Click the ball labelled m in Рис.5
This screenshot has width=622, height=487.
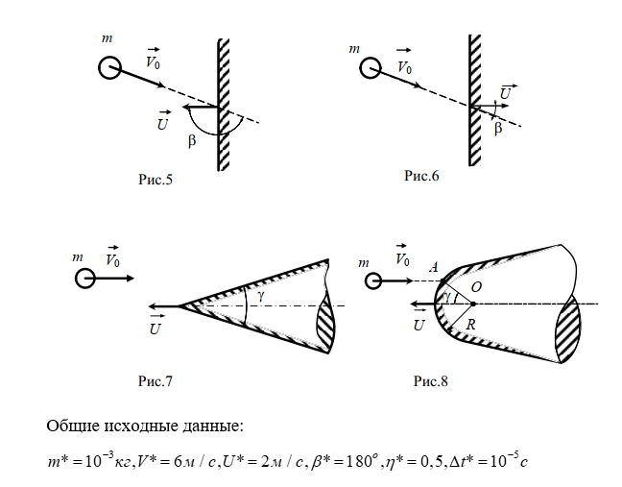108,68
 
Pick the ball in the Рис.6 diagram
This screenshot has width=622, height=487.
371,67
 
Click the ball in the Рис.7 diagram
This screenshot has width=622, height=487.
85,279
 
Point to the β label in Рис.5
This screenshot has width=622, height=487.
193,141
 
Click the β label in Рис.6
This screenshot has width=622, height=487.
497,128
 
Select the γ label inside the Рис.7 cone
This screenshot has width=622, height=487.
259,295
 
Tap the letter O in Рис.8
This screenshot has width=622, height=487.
476,285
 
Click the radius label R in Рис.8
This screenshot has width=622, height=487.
470,325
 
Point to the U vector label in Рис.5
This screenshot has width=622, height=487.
163,121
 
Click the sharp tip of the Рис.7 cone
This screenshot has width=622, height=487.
179,306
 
